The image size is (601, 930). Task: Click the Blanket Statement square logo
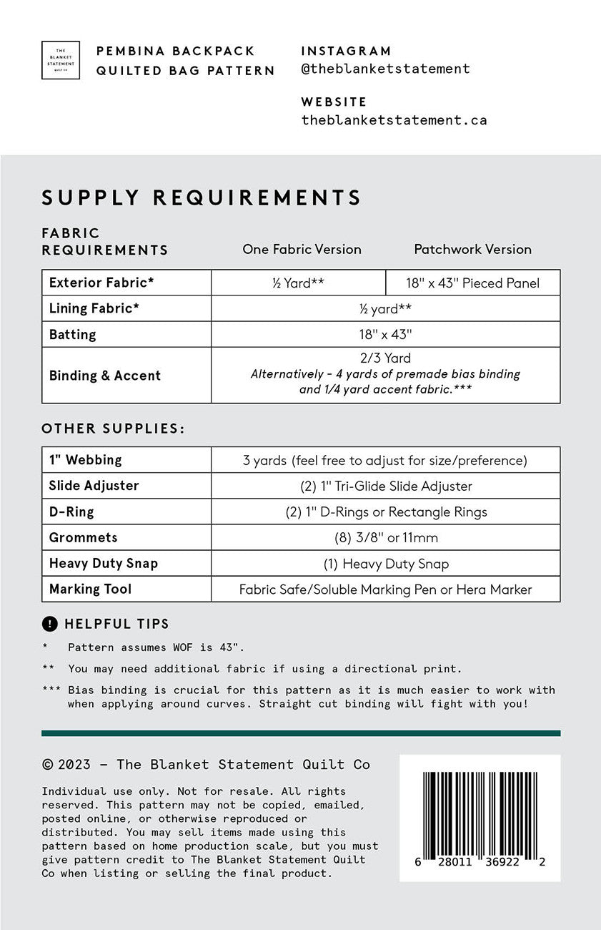[61, 60]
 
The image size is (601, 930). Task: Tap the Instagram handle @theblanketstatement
[385, 69]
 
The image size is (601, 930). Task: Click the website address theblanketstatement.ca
[394, 120]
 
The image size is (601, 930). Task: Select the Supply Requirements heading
[202, 197]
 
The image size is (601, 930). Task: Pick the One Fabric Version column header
[302, 250]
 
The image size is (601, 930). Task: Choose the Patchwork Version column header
[472, 250]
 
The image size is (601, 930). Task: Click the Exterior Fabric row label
[101, 283]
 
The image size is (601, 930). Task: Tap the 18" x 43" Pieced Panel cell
[472, 283]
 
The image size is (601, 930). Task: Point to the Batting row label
[72, 335]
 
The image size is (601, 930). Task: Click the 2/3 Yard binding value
[385, 358]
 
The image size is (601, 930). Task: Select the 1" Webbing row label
[85, 460]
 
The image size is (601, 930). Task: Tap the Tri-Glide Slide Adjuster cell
[385, 486]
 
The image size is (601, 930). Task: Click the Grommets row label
[83, 537]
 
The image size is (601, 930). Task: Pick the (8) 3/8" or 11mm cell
[385, 538]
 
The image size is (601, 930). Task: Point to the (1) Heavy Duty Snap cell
[385, 564]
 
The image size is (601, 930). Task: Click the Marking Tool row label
[90, 589]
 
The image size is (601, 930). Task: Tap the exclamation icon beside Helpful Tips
[49, 624]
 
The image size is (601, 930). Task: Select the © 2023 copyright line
[206, 765]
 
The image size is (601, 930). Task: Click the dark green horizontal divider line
[301, 733]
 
